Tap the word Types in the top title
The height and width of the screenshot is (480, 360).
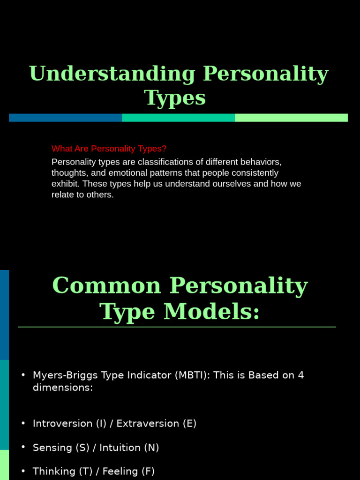pos(175,98)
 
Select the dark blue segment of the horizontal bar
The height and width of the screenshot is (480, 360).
pos(65,118)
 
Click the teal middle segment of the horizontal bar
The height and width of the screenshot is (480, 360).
pos(178,118)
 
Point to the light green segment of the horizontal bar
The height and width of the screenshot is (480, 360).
pos(291,118)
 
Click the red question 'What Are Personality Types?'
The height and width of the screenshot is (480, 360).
pos(109,149)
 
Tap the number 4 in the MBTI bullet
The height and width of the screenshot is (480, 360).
pos(301,375)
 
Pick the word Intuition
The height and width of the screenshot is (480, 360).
pos(123,448)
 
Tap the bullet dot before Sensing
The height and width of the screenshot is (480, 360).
pos(23,448)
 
